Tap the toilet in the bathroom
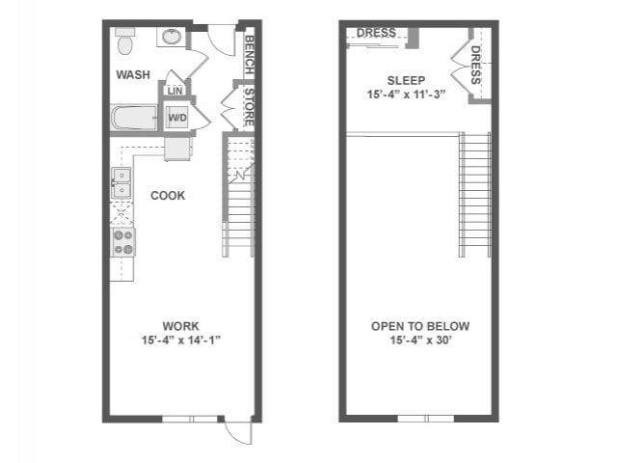click(125, 41)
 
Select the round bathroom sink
click(172, 38)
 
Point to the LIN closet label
click(174, 92)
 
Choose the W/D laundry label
click(177, 118)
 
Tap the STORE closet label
click(249, 107)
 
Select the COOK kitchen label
click(168, 196)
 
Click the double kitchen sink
click(122, 182)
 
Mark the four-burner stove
click(123, 242)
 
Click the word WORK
click(181, 326)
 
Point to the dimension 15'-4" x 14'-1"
click(181, 340)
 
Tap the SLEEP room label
click(406, 80)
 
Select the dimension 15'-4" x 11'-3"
click(406, 94)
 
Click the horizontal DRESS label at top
click(375, 33)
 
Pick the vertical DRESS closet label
click(476, 65)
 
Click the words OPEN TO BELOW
click(420, 326)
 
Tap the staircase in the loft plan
click(474, 193)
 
